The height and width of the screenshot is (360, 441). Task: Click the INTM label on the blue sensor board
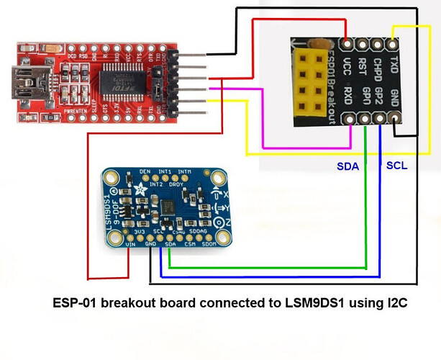point(185,172)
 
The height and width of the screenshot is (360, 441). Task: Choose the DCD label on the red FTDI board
point(72,55)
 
